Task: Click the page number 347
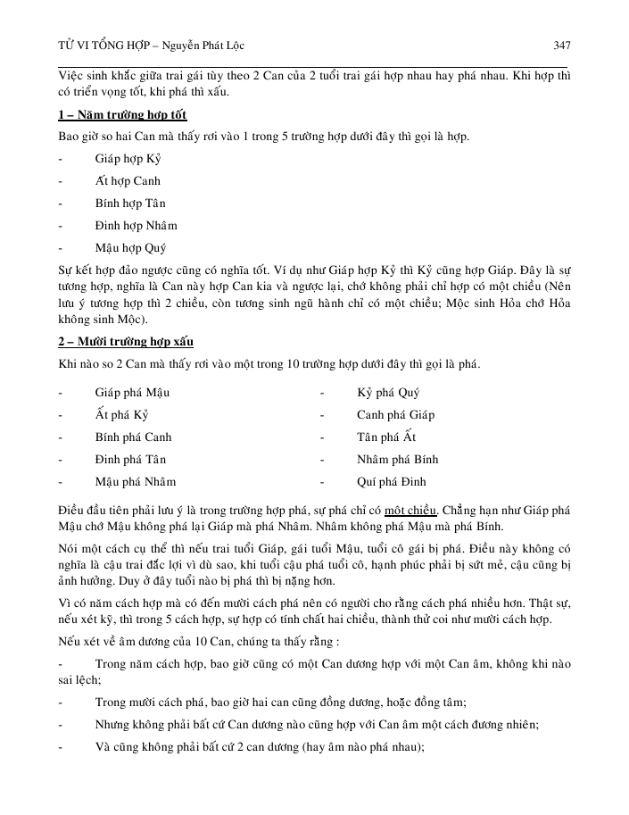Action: click(561, 45)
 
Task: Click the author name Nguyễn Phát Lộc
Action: click(203, 45)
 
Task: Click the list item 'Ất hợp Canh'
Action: click(128, 180)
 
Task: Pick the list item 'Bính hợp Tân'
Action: click(130, 203)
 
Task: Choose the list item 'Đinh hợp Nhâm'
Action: click(136, 225)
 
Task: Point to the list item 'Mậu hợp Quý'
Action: click(130, 248)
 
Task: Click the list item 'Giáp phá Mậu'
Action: click(132, 392)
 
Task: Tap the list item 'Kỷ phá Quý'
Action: click(388, 392)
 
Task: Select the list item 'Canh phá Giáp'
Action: click(395, 414)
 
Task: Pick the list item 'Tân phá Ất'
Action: click(386, 437)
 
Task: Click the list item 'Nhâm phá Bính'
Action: click(397, 460)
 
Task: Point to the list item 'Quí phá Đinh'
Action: click(392, 482)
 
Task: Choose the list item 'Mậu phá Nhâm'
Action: click(135, 482)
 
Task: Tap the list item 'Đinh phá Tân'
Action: click(130, 460)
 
